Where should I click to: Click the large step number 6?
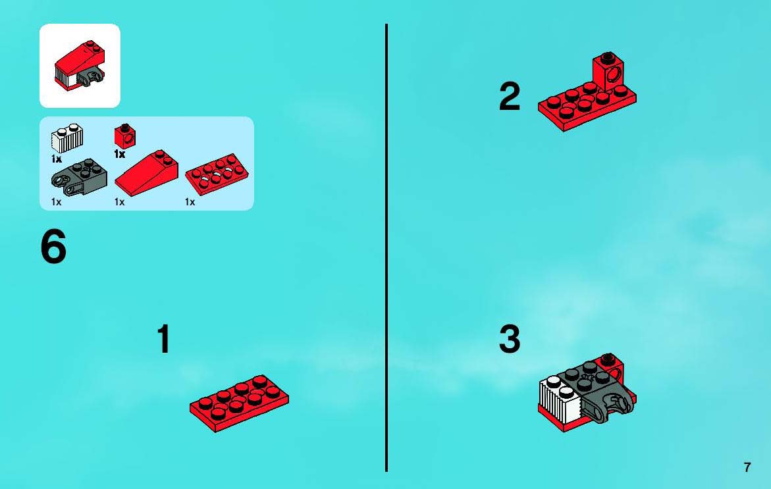pos(53,247)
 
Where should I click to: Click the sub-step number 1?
pos(164,338)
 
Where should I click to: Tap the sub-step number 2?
pos(510,96)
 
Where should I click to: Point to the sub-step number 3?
pos(510,339)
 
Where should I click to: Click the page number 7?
pos(747,467)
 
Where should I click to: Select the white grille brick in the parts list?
pos(67,139)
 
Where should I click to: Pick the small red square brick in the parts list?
pos(125,136)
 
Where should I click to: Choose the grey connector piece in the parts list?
pos(78,176)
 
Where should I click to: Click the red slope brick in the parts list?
pos(147,173)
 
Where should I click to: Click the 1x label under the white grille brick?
pos(57,159)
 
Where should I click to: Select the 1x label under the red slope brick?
pos(119,202)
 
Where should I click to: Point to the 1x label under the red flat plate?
pos(190,202)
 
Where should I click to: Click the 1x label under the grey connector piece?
pos(57,202)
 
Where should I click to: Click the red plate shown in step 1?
pos(240,403)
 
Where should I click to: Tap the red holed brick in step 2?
pos(609,72)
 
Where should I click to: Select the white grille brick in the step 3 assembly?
pos(560,398)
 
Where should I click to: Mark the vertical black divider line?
pos(386,247)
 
